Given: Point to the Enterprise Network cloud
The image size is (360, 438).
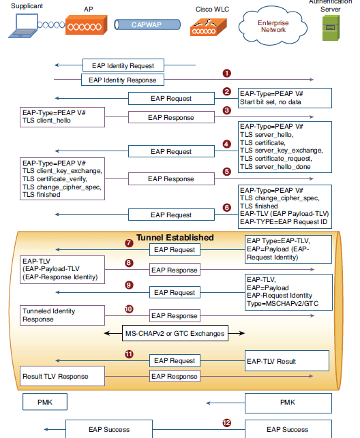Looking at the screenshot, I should coord(273,26).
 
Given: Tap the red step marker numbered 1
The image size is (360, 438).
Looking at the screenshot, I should coord(227,72).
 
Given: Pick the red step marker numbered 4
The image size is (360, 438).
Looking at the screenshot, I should coord(227,144).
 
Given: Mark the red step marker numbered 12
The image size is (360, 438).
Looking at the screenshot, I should coord(227,422).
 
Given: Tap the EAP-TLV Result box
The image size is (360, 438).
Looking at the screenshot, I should coord(286,360).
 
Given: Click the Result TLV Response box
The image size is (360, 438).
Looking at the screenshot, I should coord(63,376).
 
